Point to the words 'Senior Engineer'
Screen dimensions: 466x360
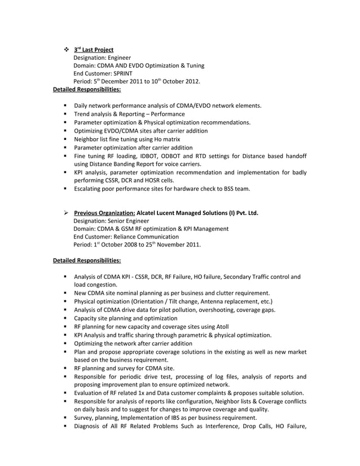[131, 221]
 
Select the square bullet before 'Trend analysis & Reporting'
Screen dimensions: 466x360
[66, 114]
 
